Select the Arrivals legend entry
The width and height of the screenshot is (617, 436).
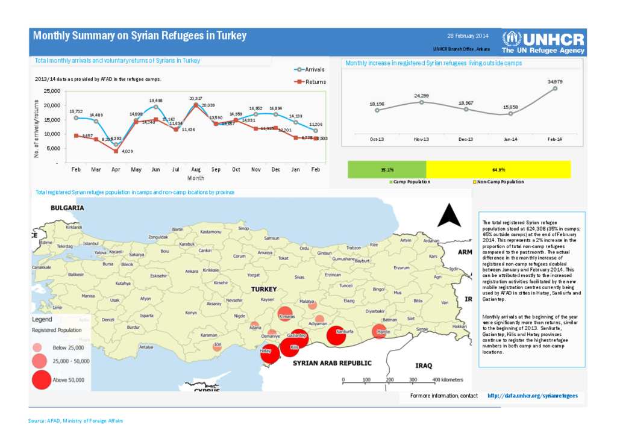pos(310,70)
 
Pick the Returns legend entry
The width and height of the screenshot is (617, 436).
pos(310,82)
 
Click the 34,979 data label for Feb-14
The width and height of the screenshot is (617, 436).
pos(555,81)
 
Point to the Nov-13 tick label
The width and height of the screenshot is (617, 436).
pos(422,139)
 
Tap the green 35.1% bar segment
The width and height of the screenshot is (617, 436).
pos(387,169)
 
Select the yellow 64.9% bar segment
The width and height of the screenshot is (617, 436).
pos(498,169)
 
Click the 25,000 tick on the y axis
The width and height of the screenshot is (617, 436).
pos(51,91)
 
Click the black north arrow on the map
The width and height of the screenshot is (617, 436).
pos(449,215)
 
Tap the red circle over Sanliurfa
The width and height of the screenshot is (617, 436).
pos(336,336)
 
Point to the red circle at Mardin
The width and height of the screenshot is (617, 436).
pos(379,332)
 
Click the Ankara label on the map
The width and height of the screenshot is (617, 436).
pos(192,272)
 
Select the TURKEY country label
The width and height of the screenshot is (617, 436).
pos(264,289)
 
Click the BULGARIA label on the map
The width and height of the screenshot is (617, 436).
pos(66,208)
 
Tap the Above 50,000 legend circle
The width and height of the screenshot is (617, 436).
pos(42,380)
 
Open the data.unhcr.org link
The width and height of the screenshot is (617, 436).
pos(533,396)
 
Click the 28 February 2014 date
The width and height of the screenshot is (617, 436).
pos(468,36)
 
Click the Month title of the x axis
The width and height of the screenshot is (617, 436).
pos(196,178)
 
